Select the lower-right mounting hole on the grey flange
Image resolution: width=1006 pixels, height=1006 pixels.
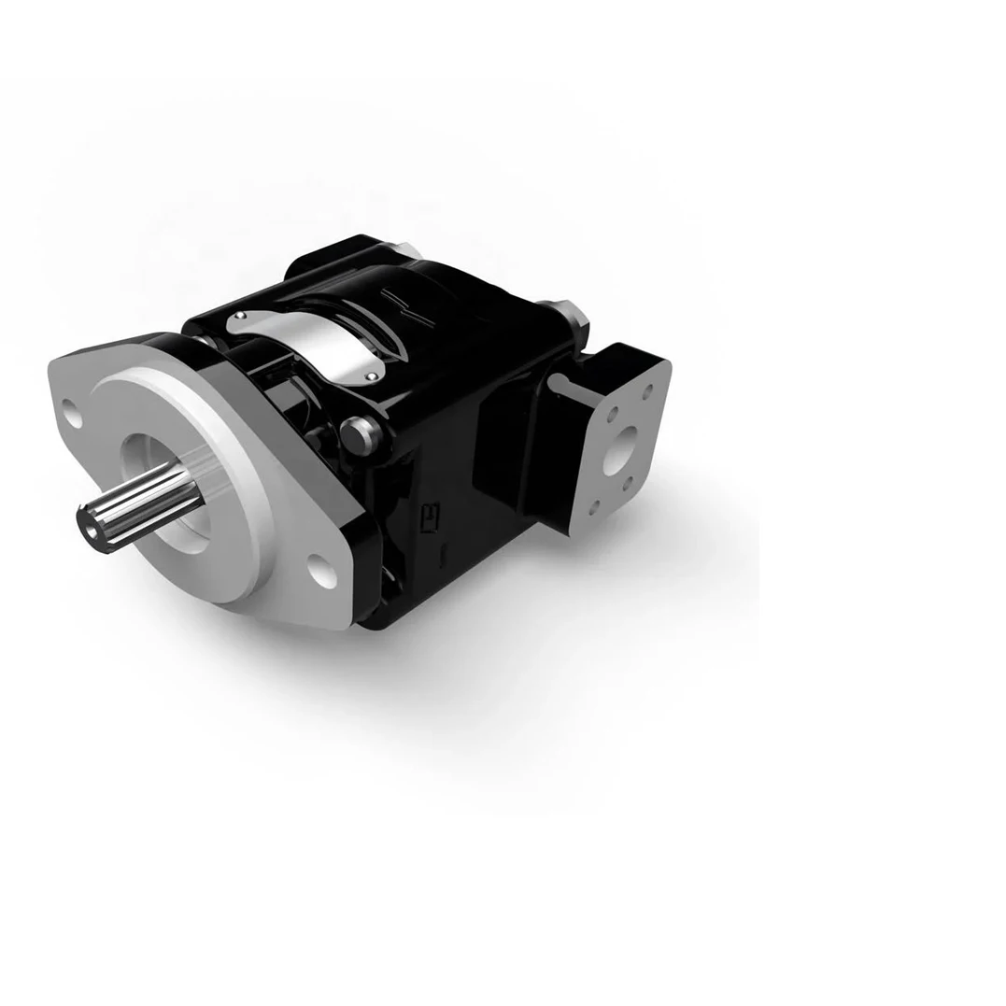(x=323, y=569)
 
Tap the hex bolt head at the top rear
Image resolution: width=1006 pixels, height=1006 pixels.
(x=573, y=314)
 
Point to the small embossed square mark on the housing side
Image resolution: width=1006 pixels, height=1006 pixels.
(x=432, y=516)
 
